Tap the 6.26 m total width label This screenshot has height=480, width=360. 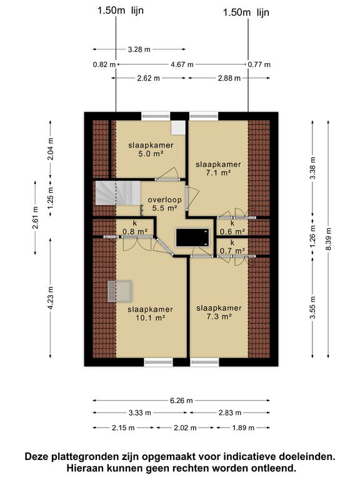pyautogui.click(x=181, y=401)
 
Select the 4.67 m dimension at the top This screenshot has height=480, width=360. pyautogui.click(x=182, y=64)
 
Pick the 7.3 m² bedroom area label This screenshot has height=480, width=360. pyautogui.click(x=218, y=317)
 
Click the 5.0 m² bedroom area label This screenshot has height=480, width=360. pyautogui.click(x=151, y=154)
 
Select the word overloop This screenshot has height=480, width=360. pyautogui.click(x=163, y=201)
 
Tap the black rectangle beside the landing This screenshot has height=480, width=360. pyautogui.click(x=192, y=237)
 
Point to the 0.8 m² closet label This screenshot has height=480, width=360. pyautogui.click(x=135, y=231)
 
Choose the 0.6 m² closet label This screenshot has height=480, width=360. pyautogui.click(x=232, y=231)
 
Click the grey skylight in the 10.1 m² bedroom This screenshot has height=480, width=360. pyautogui.click(x=119, y=291)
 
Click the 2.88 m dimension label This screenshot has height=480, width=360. pyautogui.click(x=218, y=78)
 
